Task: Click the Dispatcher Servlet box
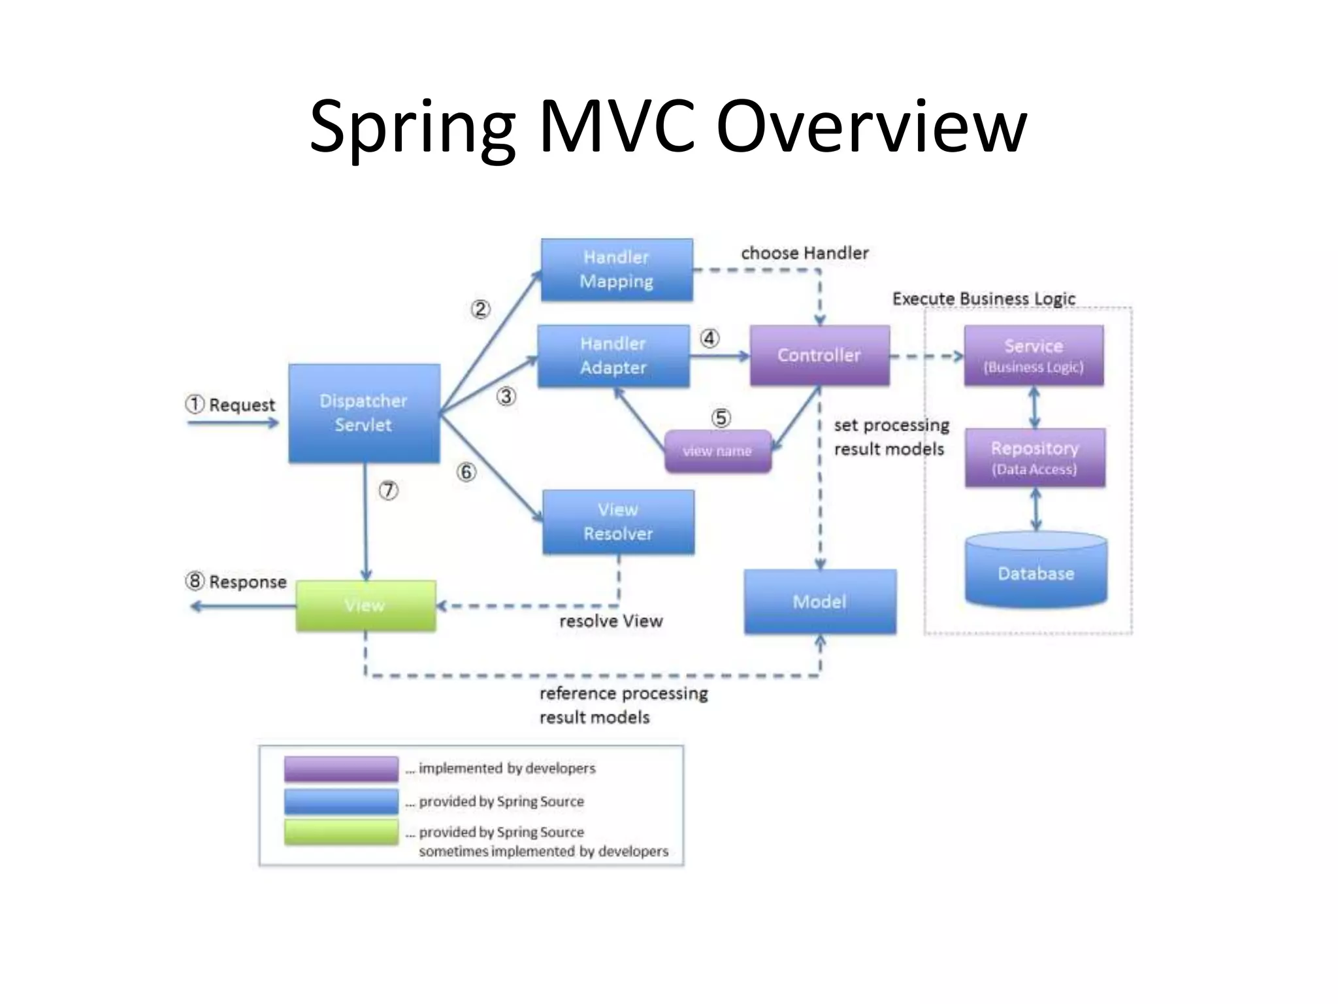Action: (x=364, y=413)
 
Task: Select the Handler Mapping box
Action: (x=617, y=269)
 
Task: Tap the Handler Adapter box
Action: (x=613, y=356)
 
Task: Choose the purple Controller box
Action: (x=819, y=355)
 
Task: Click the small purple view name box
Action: (x=717, y=451)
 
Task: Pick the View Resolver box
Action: (x=618, y=522)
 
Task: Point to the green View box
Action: (x=365, y=605)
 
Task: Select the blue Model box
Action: (x=820, y=601)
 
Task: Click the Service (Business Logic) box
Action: (x=1034, y=355)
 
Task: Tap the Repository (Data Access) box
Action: (x=1035, y=458)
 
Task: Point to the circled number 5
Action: (x=721, y=418)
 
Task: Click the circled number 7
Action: (x=389, y=490)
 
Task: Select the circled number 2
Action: (x=480, y=309)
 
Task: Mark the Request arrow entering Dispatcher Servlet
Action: (x=233, y=423)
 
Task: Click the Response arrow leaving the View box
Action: (x=242, y=607)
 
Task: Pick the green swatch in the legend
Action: (x=341, y=832)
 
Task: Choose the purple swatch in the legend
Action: (x=341, y=769)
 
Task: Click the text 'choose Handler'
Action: (x=804, y=253)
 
